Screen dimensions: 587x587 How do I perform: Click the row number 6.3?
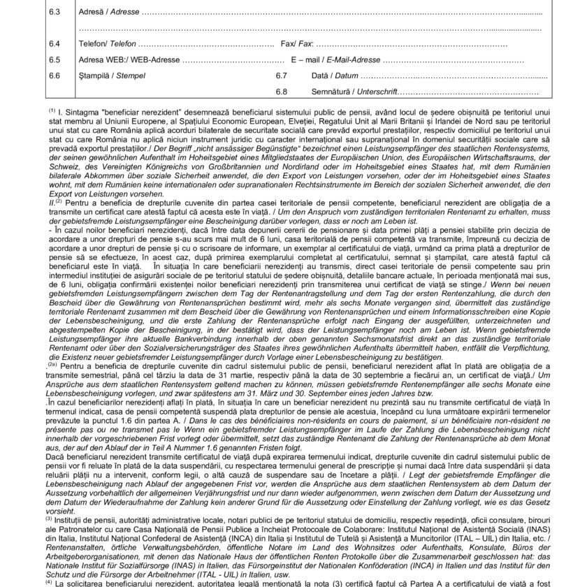[55, 13]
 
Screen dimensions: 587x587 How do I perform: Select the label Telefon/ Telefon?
[108, 43]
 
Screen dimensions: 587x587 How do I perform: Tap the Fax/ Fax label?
[296, 43]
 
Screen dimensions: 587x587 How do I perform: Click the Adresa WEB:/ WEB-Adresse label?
[129, 59]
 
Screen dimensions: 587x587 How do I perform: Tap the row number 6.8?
[282, 92]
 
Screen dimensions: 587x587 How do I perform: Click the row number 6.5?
[55, 59]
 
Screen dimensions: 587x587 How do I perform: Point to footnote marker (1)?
[52, 110]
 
